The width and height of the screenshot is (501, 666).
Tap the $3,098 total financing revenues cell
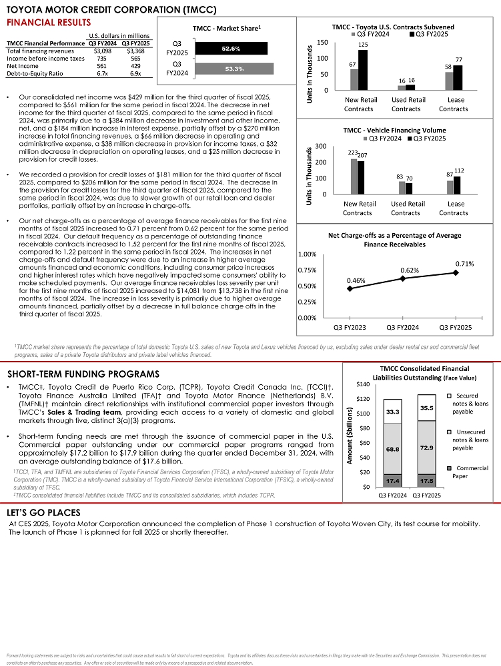(102, 51)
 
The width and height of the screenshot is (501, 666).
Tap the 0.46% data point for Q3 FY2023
(350, 288)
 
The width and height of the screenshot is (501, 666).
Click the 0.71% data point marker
(456, 272)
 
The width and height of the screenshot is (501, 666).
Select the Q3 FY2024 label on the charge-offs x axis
(402, 327)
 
